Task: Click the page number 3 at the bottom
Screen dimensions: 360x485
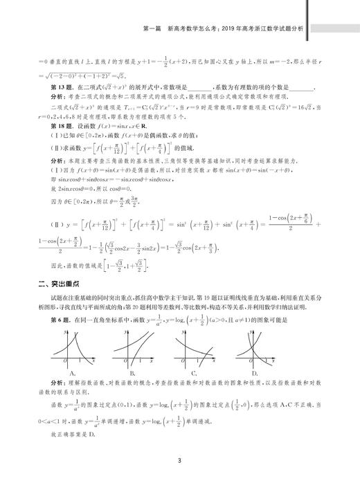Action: click(179, 461)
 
